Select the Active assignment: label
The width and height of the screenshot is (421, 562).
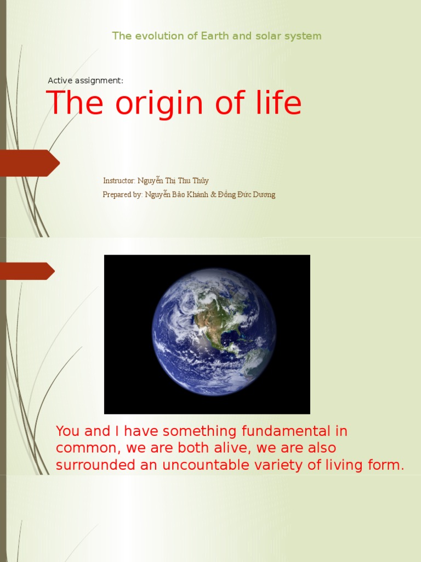[86, 81]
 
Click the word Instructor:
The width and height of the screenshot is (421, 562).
[119, 181]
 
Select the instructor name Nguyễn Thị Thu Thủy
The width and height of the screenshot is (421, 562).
[173, 181]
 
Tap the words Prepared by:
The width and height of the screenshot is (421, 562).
[123, 195]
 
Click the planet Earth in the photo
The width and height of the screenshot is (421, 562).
[214, 333]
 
